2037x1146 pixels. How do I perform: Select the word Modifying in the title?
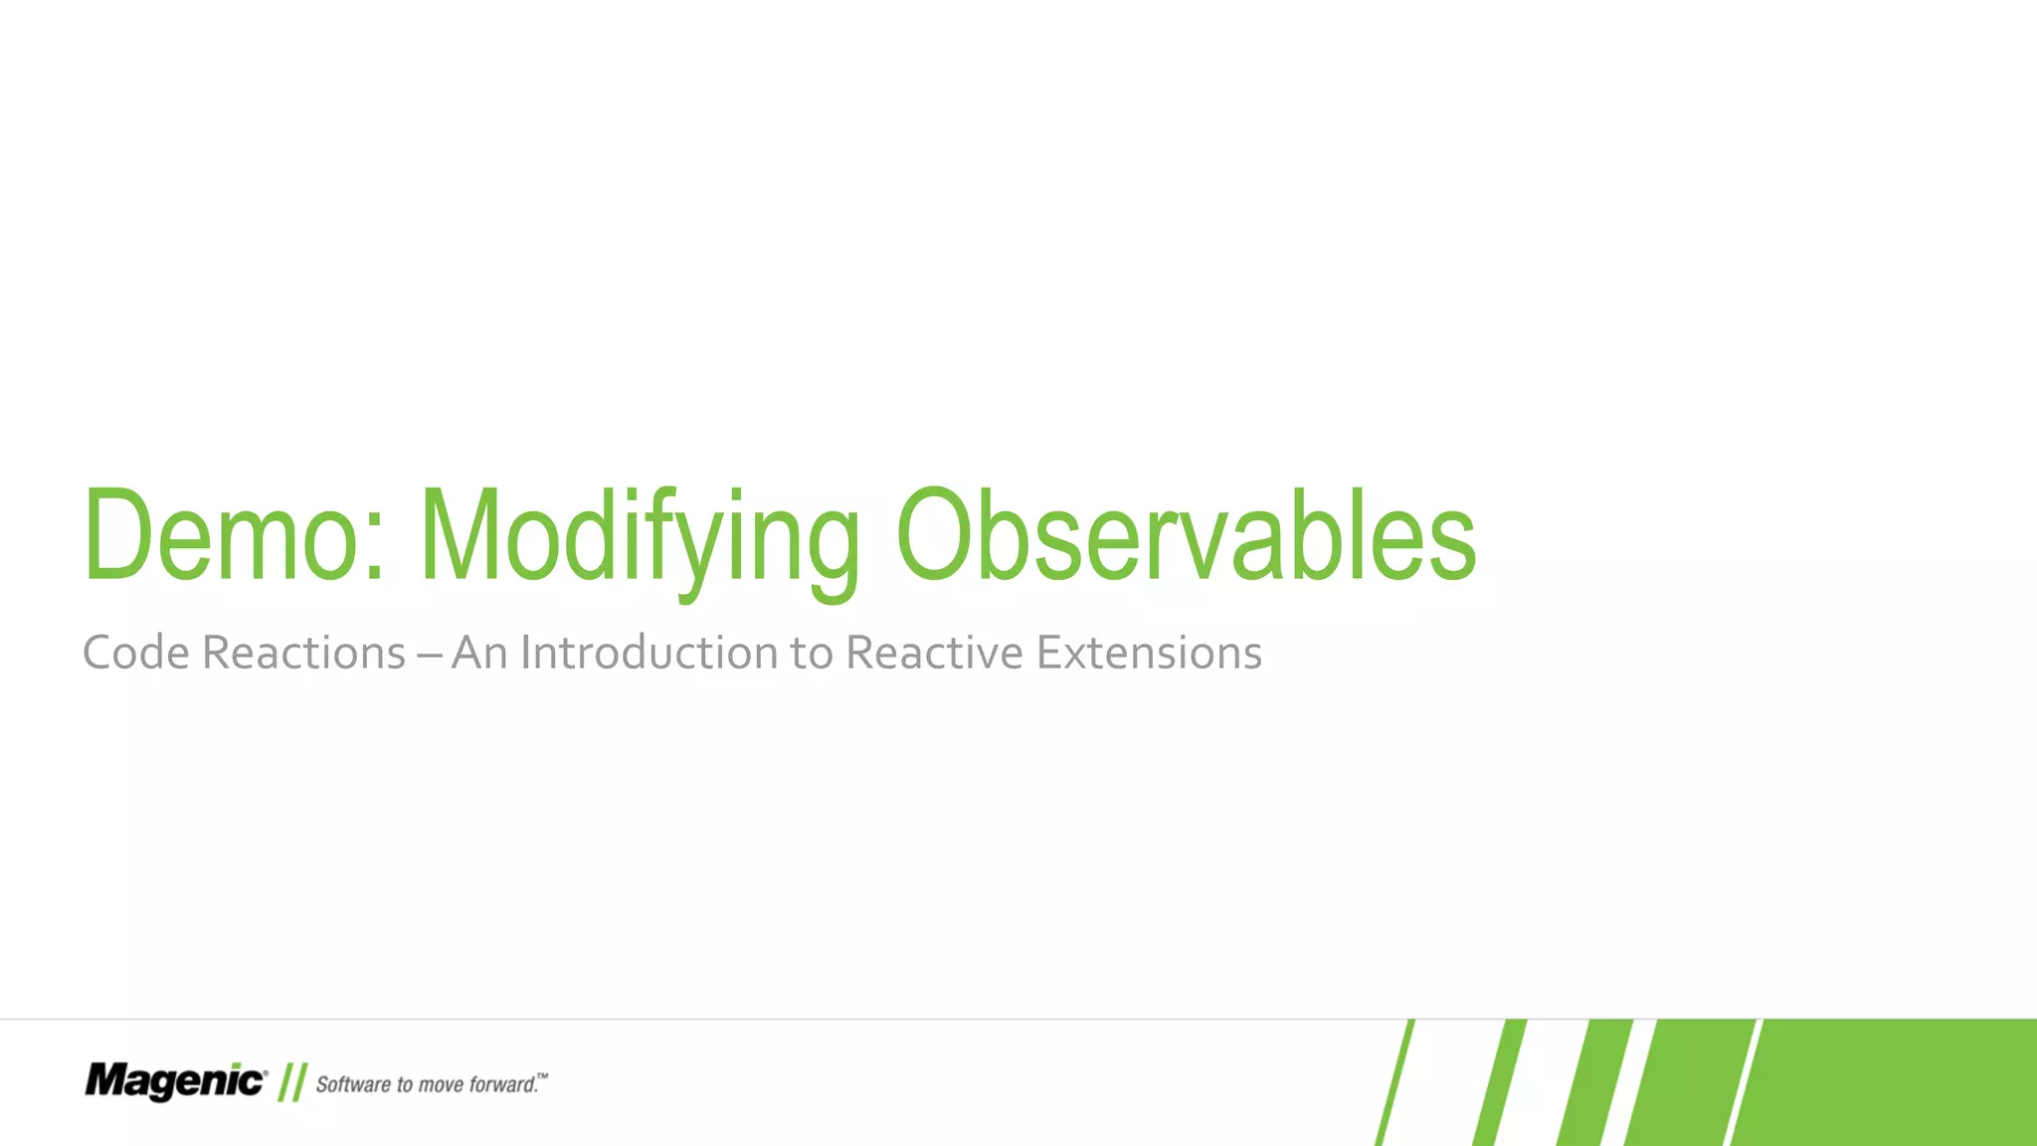click(x=639, y=537)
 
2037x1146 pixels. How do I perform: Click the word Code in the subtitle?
click(x=135, y=654)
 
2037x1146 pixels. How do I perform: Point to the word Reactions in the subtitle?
click(x=303, y=654)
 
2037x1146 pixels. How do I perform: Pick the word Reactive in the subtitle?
click(x=934, y=654)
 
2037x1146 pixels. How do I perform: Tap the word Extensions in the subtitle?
click(x=1149, y=654)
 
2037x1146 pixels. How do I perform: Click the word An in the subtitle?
click(x=480, y=654)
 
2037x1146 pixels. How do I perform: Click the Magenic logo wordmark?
click(x=175, y=1080)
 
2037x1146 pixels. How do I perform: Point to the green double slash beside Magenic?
click(x=292, y=1082)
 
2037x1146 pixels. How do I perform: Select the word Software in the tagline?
click(x=353, y=1084)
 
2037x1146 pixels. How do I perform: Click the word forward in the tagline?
click(x=503, y=1084)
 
